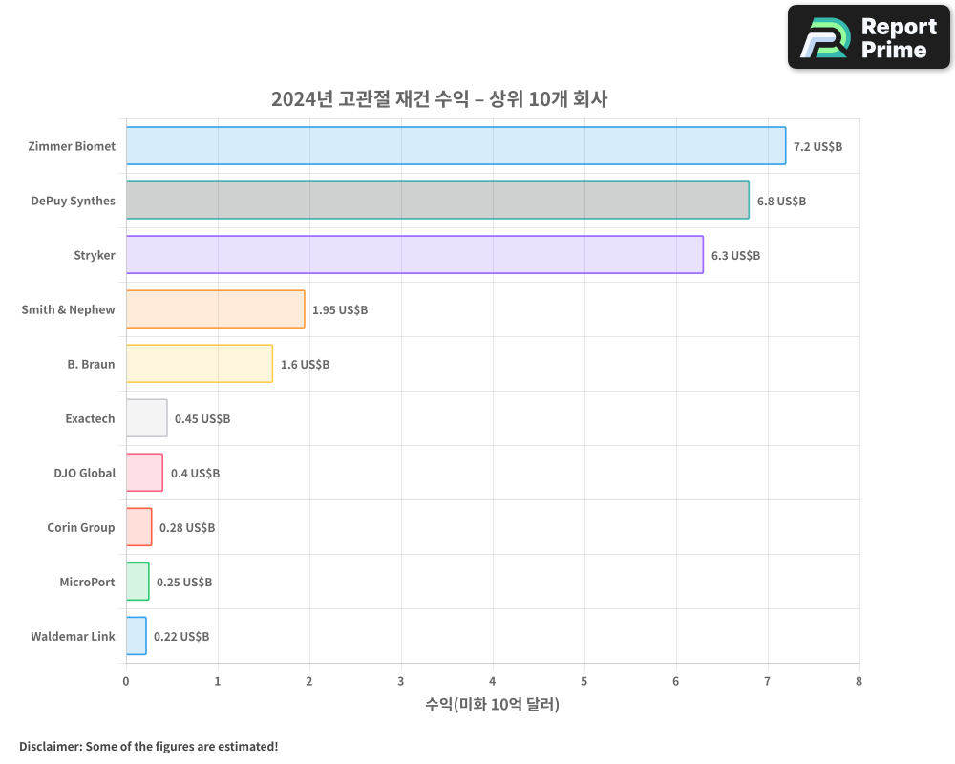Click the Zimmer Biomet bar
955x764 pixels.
tap(456, 146)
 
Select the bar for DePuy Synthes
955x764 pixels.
tap(437, 201)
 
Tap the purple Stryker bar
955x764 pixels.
tap(414, 255)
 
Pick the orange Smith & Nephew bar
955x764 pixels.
tap(215, 309)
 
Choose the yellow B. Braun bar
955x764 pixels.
tap(199, 364)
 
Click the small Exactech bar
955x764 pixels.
tap(146, 418)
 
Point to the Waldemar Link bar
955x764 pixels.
tap(136, 636)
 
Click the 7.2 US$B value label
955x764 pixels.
tap(817, 147)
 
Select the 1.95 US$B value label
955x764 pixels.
tap(340, 310)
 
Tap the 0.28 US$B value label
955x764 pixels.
tap(187, 528)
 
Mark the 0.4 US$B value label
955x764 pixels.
tap(195, 474)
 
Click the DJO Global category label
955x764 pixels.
tap(85, 473)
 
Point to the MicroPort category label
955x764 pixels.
tap(87, 582)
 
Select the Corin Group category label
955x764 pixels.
tap(81, 527)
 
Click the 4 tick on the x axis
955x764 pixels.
tap(493, 681)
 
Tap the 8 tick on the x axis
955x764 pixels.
tap(859, 681)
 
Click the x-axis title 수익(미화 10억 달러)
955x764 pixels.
tap(492, 705)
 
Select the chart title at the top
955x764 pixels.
tap(439, 99)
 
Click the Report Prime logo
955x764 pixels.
tap(869, 37)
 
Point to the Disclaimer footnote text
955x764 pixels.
tap(149, 746)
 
